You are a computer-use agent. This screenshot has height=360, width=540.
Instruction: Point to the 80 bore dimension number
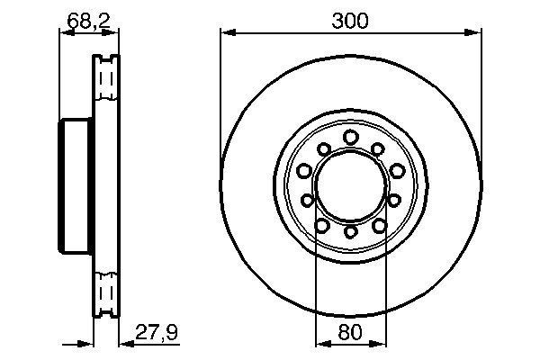(351, 332)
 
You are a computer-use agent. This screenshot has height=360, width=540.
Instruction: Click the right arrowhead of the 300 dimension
(474, 34)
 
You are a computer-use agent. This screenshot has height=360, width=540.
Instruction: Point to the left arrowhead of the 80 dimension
(320, 343)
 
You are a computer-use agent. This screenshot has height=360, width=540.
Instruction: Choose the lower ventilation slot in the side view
(107, 295)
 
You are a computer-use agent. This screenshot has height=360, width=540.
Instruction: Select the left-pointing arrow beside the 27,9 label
(126, 343)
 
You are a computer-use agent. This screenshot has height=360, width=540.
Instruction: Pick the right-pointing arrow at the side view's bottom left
(88, 343)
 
